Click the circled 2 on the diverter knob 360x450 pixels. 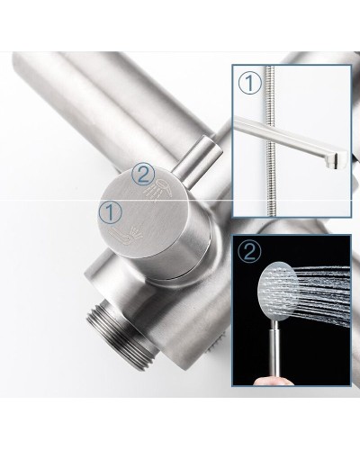point(143,175)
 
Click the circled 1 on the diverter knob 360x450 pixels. point(111,212)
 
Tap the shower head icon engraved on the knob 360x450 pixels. point(158,191)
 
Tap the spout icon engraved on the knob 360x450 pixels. point(125,236)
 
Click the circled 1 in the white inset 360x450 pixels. point(250,84)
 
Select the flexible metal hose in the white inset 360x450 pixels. point(270,140)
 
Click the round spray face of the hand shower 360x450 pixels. point(277,291)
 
